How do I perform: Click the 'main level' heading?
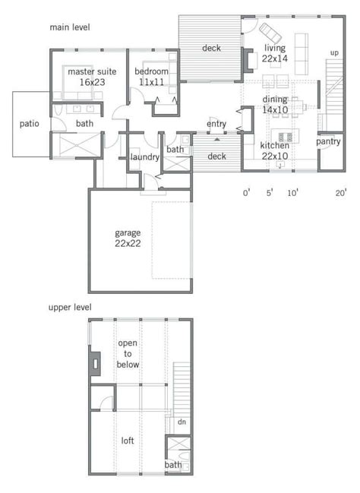click(x=70, y=27)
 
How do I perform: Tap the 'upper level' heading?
click(x=70, y=307)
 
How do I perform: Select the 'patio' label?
click(x=29, y=124)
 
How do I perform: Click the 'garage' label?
click(x=128, y=233)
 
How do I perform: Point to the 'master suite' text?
click(x=92, y=71)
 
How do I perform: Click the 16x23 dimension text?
click(x=92, y=82)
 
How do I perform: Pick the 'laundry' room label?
click(x=144, y=157)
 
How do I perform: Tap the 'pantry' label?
click(x=328, y=142)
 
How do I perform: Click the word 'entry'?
click(x=216, y=124)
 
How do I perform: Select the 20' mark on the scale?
click(x=340, y=193)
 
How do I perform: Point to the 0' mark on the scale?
click(x=247, y=193)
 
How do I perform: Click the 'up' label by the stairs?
click(x=334, y=53)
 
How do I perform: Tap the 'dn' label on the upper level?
click(x=182, y=422)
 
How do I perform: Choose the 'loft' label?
click(x=128, y=441)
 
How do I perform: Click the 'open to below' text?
click(x=128, y=354)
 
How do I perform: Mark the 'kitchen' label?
click(x=275, y=145)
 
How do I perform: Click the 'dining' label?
click(x=275, y=100)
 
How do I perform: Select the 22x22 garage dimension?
click(x=128, y=243)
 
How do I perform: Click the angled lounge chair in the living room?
click(x=270, y=33)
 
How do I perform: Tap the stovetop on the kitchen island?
click(x=285, y=137)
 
